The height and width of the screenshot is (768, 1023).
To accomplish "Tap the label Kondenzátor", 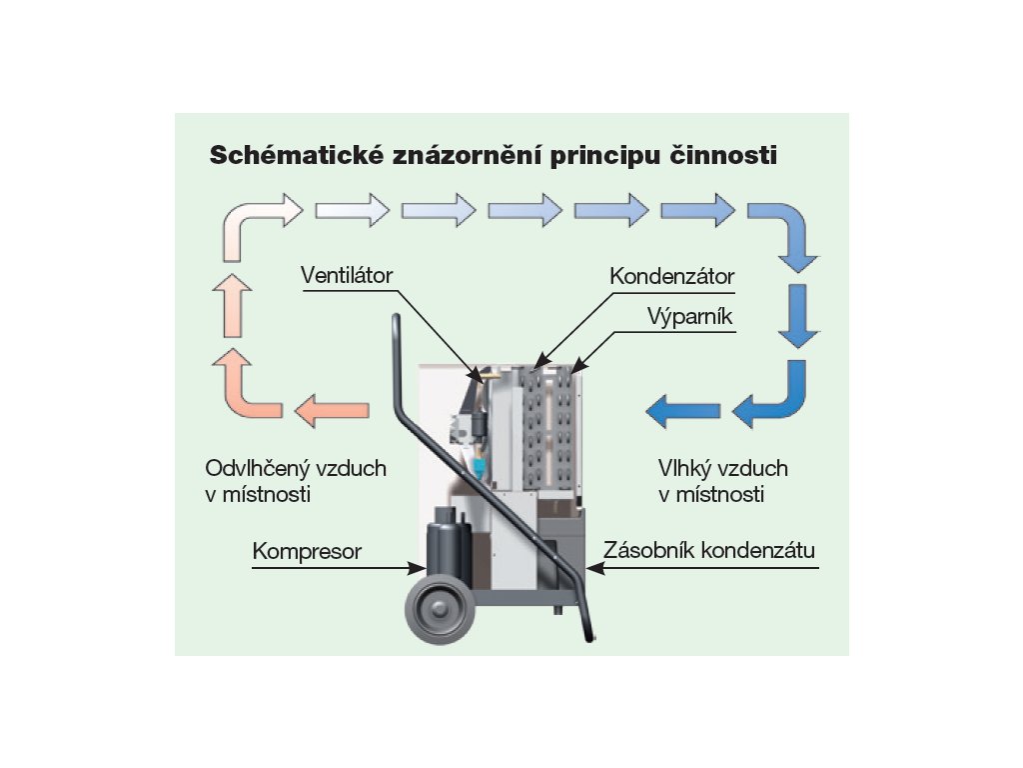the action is click(672, 275).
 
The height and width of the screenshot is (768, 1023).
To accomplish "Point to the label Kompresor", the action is click(307, 551).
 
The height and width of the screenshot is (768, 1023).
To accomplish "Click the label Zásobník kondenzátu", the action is click(709, 551).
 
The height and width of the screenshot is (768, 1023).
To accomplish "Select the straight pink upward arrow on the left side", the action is click(232, 305).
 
